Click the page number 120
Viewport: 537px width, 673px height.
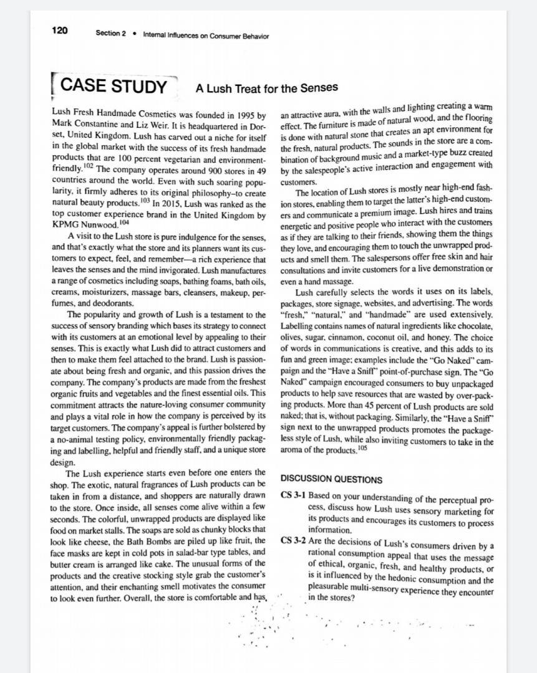60,31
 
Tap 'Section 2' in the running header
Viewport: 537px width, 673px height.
110,34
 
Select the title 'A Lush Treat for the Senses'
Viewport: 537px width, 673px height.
267,88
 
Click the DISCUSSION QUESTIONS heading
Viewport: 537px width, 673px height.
331,480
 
